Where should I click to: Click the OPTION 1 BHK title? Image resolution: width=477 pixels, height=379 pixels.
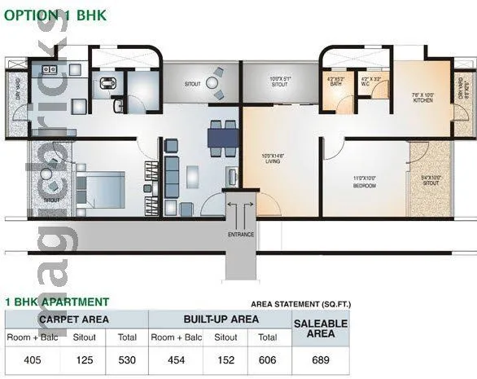[55, 15]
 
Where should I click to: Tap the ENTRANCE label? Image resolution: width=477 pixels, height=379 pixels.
[241, 235]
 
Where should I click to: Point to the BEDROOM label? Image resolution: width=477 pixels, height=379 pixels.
[364, 181]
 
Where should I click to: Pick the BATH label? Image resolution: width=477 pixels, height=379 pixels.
[335, 82]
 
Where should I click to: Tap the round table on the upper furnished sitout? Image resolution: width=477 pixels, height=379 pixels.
[212, 82]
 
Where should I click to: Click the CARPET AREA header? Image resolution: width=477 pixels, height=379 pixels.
[74, 320]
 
